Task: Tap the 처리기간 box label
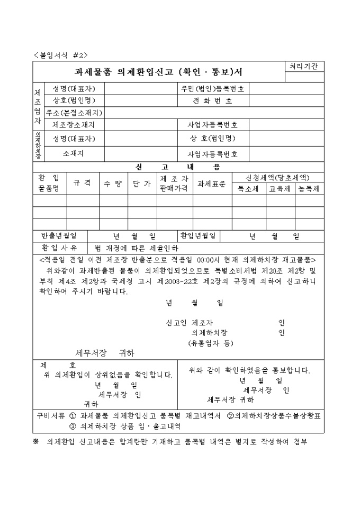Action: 304,67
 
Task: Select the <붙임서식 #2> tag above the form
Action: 60,54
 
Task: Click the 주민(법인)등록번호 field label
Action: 212,88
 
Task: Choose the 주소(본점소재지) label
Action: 74,113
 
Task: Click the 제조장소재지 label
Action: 74,125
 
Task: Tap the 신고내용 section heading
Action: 177,167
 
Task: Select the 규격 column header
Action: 82,183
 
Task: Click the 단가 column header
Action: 141,183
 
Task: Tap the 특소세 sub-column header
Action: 248,188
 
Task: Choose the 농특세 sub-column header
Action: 309,188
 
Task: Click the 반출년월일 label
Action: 59,235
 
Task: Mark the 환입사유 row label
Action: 59,248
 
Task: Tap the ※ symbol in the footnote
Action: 36,441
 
